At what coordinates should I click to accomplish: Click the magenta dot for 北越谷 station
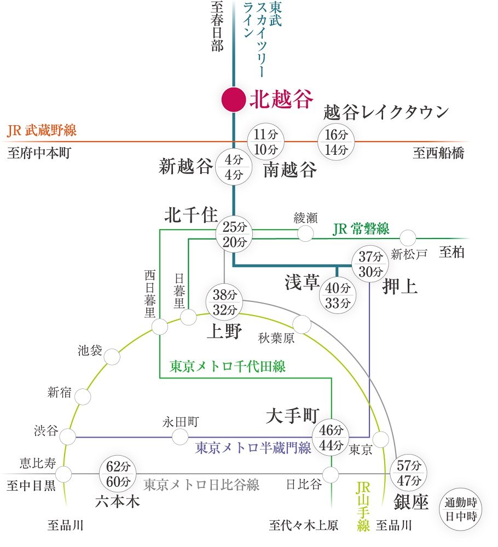(233, 100)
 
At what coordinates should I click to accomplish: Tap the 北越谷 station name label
(282, 100)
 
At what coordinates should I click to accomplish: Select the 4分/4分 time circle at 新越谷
(233, 167)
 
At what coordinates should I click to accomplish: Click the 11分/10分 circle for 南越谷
(265, 142)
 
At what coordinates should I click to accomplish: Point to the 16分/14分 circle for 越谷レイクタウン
(335, 142)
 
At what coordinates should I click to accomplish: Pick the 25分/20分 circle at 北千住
(235, 234)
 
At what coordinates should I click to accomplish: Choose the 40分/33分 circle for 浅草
(337, 295)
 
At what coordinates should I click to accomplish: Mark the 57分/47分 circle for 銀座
(409, 474)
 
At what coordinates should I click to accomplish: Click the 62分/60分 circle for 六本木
(117, 474)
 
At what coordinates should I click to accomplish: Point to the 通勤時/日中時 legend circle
(461, 509)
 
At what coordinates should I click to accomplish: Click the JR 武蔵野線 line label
(42, 131)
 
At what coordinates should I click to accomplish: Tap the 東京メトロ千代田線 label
(228, 366)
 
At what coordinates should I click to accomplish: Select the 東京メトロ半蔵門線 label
(253, 448)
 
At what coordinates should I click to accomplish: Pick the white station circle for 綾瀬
(305, 234)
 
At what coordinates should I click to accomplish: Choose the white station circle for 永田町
(180, 437)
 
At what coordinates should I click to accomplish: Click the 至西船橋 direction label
(438, 153)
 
